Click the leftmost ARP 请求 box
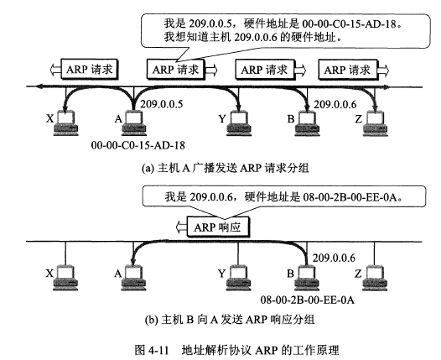click(90, 70)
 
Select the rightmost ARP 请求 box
click(348, 70)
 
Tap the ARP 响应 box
click(218, 227)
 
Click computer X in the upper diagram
click(65, 123)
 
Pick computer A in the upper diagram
click(134, 123)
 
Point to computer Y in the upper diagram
click(239, 123)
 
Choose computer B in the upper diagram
click(307, 123)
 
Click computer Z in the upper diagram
click(376, 123)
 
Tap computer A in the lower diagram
click(134, 278)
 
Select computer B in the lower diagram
click(307, 278)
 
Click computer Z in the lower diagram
click(376, 278)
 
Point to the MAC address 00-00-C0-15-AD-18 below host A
click(137, 145)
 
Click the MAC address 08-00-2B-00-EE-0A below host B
click(307, 300)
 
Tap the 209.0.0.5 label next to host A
click(162, 104)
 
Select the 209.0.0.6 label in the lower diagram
click(334, 258)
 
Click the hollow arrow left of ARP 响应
click(181, 227)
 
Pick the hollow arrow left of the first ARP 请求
click(55, 70)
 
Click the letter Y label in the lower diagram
click(222, 274)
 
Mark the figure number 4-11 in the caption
click(158, 350)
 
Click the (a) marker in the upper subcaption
click(148, 168)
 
